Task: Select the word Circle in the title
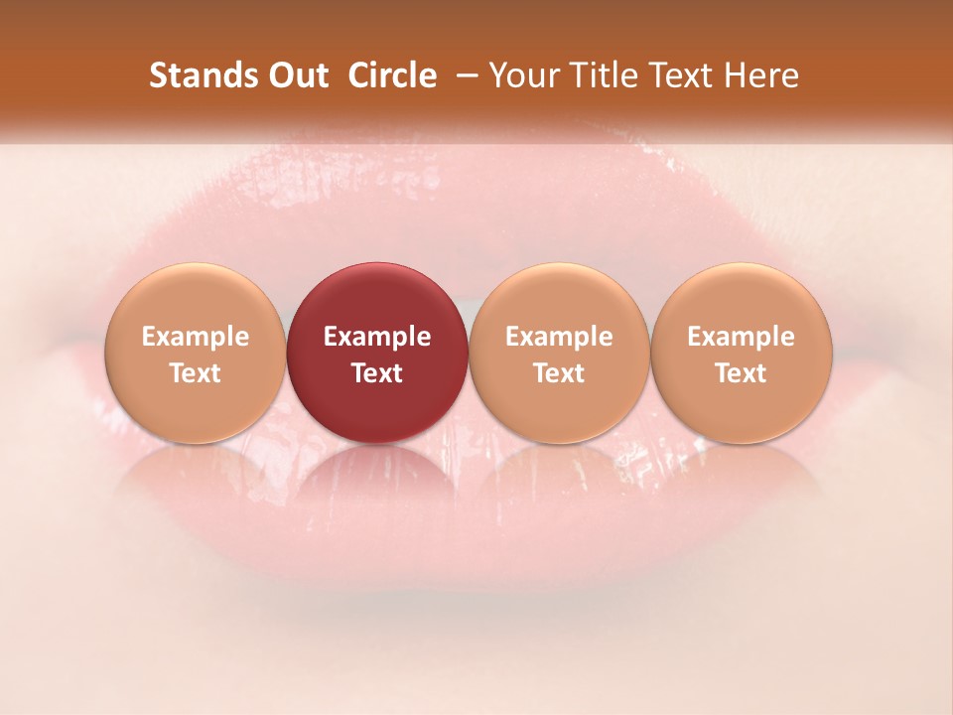click(392, 75)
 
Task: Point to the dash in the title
click(463, 76)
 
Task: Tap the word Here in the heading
click(761, 75)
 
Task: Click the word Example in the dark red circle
click(377, 337)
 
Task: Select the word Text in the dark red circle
click(377, 373)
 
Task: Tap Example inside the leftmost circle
click(195, 337)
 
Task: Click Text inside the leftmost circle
click(195, 373)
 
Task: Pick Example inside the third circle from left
click(559, 337)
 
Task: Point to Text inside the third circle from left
click(559, 373)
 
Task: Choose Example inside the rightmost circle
click(741, 337)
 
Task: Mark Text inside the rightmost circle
click(741, 373)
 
